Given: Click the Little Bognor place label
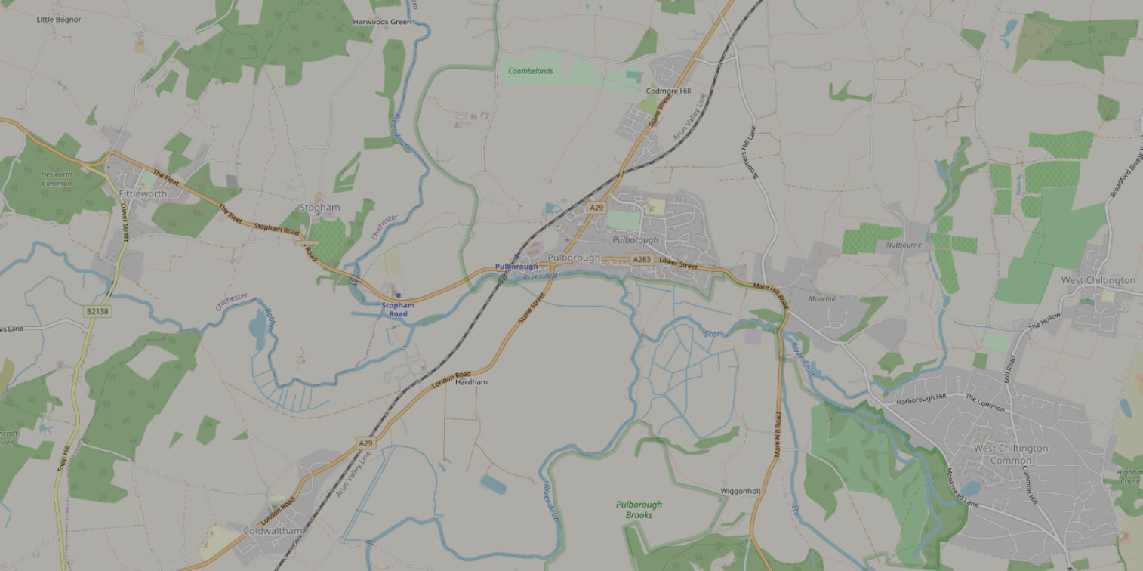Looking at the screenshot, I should (x=59, y=20).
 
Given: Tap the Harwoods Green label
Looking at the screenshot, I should (x=382, y=23).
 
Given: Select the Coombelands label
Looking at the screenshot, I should (x=530, y=71).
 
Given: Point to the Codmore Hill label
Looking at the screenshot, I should (x=668, y=91).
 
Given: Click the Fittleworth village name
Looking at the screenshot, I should (x=143, y=193).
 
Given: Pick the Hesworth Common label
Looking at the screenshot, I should (x=57, y=179).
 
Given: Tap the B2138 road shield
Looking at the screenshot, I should (x=97, y=311).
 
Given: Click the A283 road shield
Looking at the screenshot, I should (x=641, y=260).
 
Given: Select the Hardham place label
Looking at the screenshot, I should (x=472, y=382).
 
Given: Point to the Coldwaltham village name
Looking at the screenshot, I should (x=273, y=531).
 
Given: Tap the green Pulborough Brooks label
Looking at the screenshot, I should (x=639, y=510).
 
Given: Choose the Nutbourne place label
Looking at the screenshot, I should (x=904, y=245).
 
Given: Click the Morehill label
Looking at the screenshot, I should (x=821, y=299).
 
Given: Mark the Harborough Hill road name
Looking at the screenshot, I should (x=921, y=398).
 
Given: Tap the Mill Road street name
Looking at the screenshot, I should (x=1011, y=370).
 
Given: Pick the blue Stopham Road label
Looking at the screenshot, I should (x=398, y=310).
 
